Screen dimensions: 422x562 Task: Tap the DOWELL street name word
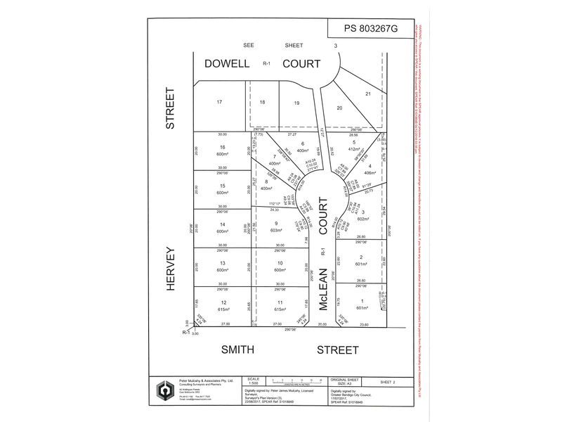(227, 63)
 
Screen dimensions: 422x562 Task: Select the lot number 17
(219, 102)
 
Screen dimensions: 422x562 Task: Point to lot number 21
(367, 94)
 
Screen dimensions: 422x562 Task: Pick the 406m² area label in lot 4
(370, 173)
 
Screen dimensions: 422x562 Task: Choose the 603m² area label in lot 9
(278, 230)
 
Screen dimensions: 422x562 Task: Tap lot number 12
(204, 302)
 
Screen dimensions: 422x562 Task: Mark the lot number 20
(339, 108)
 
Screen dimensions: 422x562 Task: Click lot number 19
(296, 103)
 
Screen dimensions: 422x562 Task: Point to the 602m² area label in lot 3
(362, 218)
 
